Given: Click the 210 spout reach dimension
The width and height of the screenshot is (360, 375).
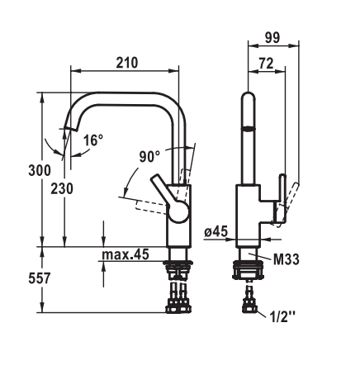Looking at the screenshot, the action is [126, 63].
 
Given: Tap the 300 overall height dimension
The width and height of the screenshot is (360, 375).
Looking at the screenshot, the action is [40, 170].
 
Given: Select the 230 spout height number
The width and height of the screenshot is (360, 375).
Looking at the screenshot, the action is [62, 189].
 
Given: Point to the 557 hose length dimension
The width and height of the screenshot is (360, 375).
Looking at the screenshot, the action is [40, 278].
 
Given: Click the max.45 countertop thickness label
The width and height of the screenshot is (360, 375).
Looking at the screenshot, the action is [126, 254].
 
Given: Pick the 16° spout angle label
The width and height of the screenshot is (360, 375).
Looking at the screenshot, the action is [93, 140].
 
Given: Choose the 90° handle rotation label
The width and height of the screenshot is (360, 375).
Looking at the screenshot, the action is [149, 157].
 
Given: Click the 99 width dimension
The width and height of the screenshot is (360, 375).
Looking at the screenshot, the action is [272, 37].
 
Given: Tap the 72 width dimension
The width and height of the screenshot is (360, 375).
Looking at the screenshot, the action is [266, 64].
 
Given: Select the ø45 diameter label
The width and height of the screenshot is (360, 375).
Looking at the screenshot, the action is [216, 232].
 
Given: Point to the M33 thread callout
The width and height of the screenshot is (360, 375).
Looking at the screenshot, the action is [287, 259].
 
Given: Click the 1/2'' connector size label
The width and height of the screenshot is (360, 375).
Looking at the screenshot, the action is [282, 317].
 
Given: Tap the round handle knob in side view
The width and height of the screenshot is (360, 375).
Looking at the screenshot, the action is [179, 211].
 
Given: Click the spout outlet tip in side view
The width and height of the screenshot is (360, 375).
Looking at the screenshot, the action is [71, 128].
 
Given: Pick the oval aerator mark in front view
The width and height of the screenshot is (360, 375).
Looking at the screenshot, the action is [248, 128].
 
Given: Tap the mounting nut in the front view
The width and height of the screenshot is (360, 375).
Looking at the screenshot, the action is [249, 270].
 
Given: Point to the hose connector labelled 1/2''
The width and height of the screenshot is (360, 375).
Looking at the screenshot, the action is [249, 305].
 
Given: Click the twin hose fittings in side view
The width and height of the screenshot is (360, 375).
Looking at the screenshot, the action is [178, 298].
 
